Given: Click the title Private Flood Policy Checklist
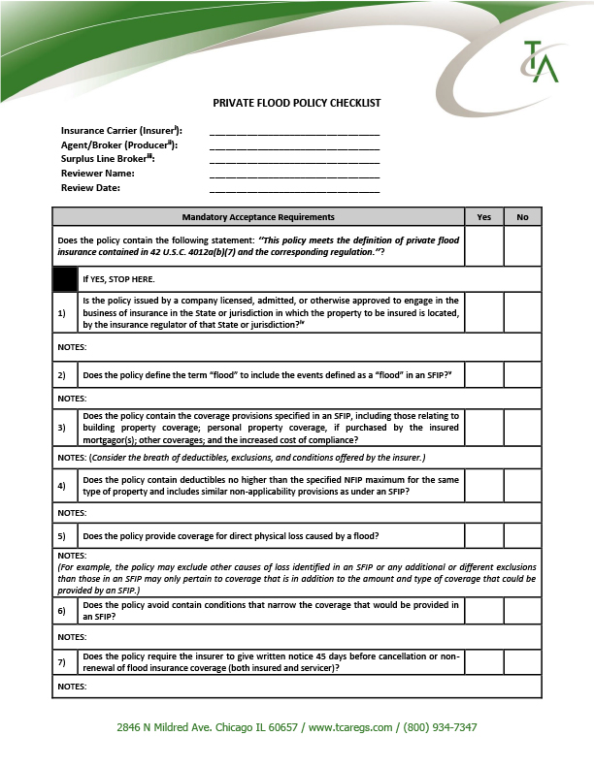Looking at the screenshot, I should pos(297,103).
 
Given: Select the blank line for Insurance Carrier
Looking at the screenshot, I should pos(294,131).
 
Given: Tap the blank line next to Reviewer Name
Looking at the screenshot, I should pos(294,174).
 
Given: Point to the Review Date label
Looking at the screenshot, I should pos(90,188).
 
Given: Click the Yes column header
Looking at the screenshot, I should pos(484,217).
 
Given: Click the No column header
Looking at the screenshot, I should pos(522,217).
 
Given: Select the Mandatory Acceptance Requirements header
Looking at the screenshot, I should pos(258,217).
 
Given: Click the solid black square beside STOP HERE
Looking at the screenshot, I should pos(65,279).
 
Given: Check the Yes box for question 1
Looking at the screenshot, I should pos(484,313).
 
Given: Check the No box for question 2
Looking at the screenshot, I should pos(522,374).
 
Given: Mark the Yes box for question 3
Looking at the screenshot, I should pos(484,428).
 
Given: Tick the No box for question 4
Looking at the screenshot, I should pos(522,485).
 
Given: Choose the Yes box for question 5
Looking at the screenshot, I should pos(484,535).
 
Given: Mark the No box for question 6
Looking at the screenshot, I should pos(522,610).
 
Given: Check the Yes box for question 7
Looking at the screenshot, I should pos(484,661).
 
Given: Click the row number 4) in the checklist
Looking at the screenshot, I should pos(61,485).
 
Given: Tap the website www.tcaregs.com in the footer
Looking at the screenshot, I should pos(350,727).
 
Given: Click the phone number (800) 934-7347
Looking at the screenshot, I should pos(438,727).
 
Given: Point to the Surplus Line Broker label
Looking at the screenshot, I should pos(108,159).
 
